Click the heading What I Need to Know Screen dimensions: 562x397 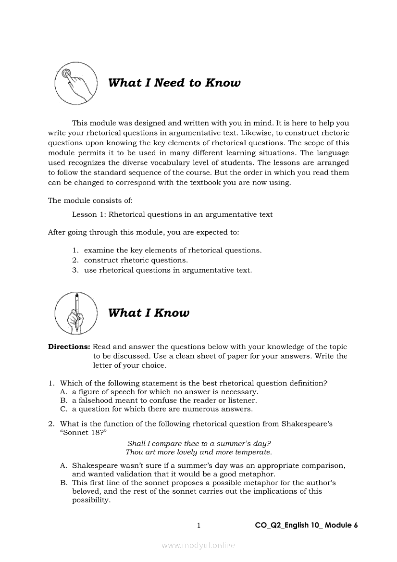click(x=174, y=83)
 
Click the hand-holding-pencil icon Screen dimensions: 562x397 click(x=75, y=313)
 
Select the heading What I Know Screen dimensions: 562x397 click(x=149, y=313)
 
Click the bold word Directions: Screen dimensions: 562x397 click(x=69, y=347)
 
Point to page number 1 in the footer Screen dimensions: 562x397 click(x=198, y=525)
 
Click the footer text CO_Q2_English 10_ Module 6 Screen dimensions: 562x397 click(x=306, y=525)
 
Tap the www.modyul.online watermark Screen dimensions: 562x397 click(x=198, y=546)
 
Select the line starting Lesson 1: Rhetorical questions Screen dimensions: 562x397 click(x=172, y=214)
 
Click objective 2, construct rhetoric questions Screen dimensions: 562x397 click(x=136, y=260)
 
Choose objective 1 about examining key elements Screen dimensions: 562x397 click(x=173, y=250)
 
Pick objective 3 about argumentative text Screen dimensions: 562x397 click(x=168, y=270)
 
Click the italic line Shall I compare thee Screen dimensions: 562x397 click(x=199, y=443)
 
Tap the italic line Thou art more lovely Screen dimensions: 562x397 click(x=199, y=452)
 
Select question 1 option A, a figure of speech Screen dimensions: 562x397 click(x=165, y=392)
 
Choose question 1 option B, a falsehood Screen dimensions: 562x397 click(x=164, y=400)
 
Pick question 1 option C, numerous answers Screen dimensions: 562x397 click(x=162, y=410)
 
